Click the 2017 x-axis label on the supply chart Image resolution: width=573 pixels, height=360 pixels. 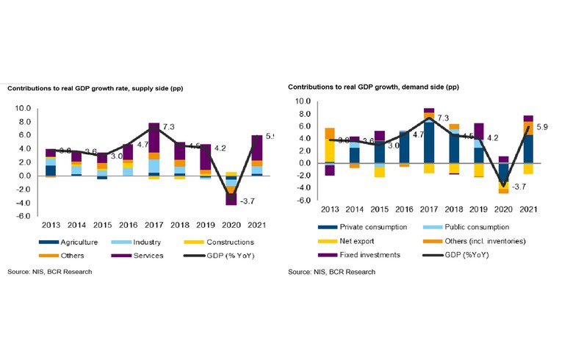coord(154,225)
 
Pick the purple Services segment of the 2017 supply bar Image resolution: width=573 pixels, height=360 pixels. coord(154,137)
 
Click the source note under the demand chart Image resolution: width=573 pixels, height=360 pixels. coord(331,272)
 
